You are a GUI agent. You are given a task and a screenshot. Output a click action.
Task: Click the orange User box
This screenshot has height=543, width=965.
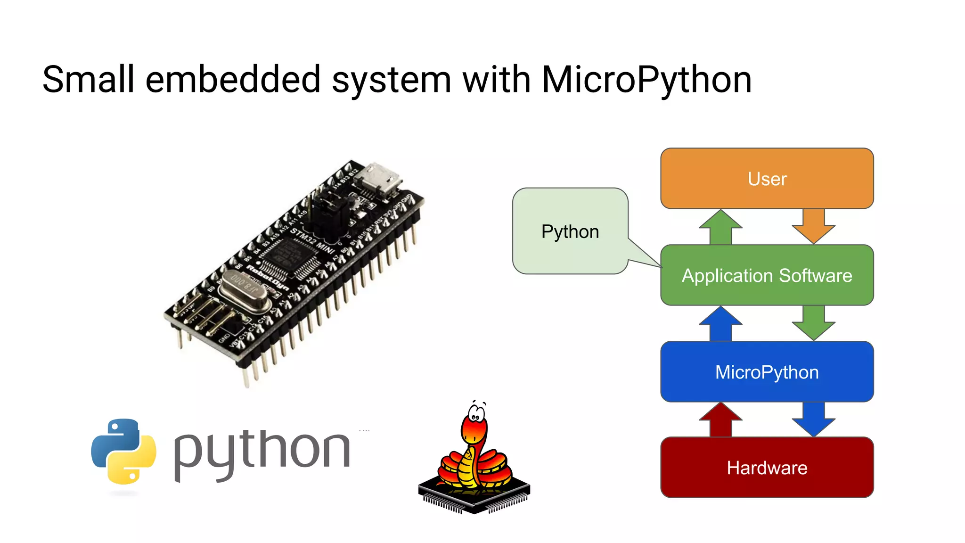point(767,179)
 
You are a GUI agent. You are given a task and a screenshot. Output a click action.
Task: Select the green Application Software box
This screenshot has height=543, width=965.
point(767,275)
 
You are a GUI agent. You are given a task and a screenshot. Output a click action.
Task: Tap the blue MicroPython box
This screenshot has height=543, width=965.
point(767,372)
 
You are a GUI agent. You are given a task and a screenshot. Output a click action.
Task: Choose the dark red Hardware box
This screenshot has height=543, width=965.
point(767,468)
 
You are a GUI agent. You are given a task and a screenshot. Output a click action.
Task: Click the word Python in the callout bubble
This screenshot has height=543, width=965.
point(570,232)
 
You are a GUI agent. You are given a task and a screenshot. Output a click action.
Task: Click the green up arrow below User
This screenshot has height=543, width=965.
point(720,227)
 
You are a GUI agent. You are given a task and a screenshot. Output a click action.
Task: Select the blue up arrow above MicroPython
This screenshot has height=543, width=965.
point(720,323)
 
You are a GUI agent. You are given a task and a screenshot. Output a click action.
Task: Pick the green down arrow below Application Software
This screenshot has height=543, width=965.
point(813,323)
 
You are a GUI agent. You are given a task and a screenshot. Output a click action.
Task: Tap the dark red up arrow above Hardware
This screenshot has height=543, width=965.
point(720,420)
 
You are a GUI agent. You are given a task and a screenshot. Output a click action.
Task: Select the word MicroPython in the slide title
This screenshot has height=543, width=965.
point(646,80)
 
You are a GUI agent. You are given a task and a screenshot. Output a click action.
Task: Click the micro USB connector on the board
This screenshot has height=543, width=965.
point(378,180)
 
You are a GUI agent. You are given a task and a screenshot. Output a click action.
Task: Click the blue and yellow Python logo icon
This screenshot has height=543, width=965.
point(123,452)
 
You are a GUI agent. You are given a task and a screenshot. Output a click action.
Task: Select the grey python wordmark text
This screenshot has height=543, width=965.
point(262,452)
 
